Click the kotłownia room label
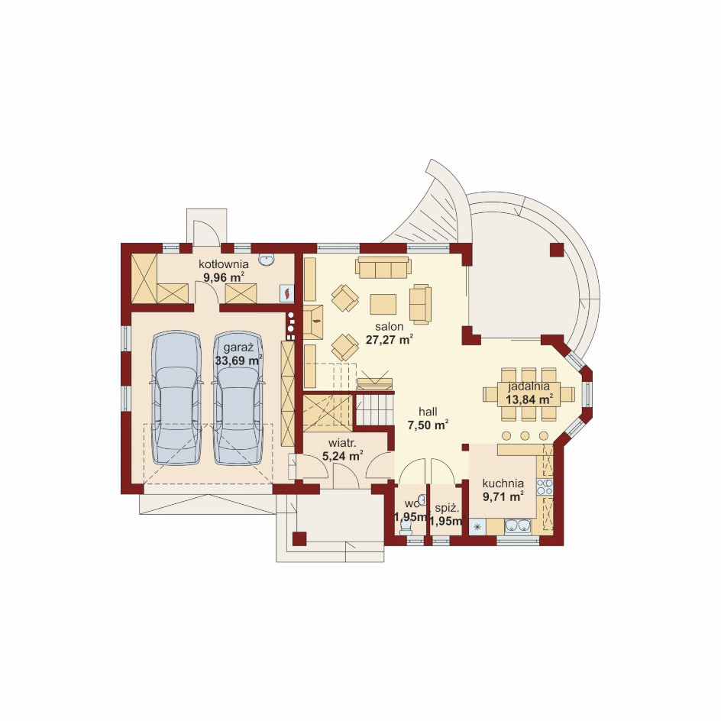coord(224,264)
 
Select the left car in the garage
coord(176,397)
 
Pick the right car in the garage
coord(238,397)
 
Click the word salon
coord(389,326)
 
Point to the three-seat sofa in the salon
coord(383,267)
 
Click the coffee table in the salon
coord(383,305)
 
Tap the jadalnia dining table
coord(529,394)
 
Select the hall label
coord(428,412)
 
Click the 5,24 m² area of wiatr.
coord(343,456)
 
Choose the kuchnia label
coord(503,483)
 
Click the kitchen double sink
coord(518,525)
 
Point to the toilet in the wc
coord(405,528)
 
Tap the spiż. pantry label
coord(448,509)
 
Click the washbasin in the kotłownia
coord(267,260)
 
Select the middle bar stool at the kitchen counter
coord(525,435)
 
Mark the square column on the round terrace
coord(556,250)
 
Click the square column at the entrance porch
coord(299,538)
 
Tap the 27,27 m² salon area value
coord(389,340)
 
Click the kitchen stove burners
coord(545,487)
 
